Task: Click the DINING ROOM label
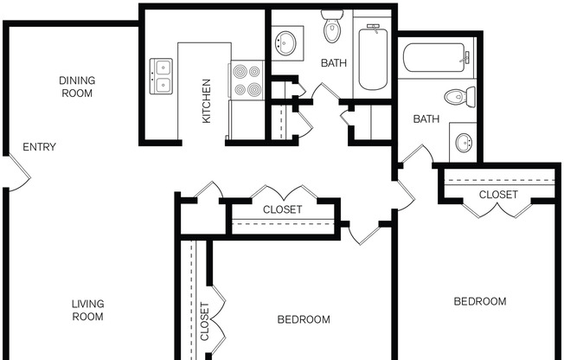77,87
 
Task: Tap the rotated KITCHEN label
207,101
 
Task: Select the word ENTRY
39,147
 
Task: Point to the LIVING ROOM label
87,310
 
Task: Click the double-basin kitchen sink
161,75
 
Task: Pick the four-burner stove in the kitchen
247,80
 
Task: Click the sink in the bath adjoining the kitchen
286,42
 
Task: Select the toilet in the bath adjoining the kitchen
332,28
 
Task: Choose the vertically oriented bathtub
373,57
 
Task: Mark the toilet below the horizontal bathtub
458,95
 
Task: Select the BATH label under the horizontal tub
426,119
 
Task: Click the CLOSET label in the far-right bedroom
498,195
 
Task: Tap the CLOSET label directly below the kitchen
282,209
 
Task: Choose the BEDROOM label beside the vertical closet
304,319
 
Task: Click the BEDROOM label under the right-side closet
480,301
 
